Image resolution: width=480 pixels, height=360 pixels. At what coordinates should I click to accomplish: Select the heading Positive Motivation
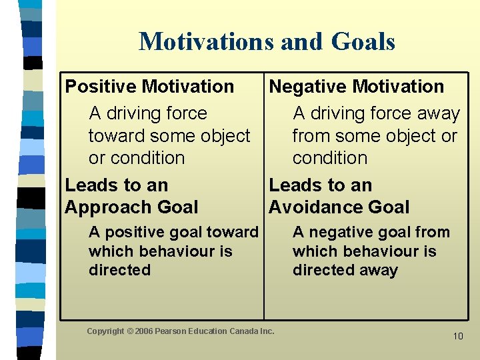tap(149, 87)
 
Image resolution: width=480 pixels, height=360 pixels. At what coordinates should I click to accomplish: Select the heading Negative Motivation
tap(356, 87)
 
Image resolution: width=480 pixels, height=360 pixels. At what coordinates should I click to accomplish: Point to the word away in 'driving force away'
tap(436, 114)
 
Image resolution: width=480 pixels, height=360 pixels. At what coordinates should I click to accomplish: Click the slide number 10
tap(457, 336)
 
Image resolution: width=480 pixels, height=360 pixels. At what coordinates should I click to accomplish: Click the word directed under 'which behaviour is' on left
tap(119, 270)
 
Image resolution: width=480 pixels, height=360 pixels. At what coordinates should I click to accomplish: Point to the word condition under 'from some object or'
tap(330, 158)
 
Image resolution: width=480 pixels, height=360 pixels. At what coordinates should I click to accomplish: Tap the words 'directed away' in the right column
tap(345, 270)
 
